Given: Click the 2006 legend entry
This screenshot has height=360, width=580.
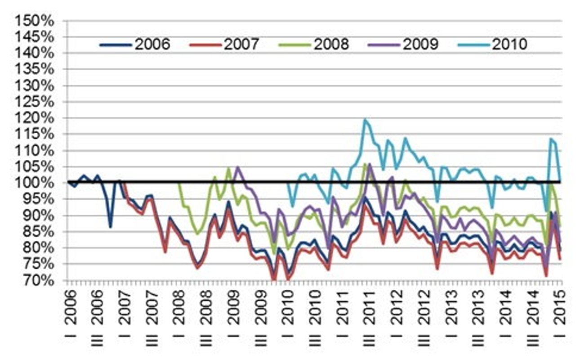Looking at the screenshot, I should (135, 45).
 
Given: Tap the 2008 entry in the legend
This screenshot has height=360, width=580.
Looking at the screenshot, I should (315, 45).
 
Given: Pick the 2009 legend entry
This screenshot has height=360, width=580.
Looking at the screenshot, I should (405, 45).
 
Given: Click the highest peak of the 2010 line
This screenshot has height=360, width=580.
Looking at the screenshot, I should (365, 120).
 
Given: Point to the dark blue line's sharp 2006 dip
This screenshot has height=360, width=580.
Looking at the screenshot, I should (111, 226).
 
